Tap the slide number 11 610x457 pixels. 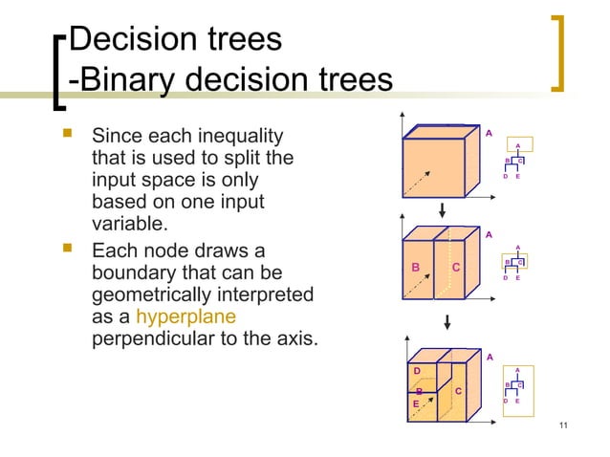(562, 426)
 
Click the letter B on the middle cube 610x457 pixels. (416, 268)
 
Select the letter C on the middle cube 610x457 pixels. (457, 268)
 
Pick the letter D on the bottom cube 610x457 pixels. (416, 370)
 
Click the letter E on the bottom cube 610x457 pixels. (416, 404)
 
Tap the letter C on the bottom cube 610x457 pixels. (458, 391)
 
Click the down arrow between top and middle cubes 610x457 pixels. (443, 209)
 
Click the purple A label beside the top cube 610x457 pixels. (490, 134)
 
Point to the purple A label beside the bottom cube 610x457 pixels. (490, 357)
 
